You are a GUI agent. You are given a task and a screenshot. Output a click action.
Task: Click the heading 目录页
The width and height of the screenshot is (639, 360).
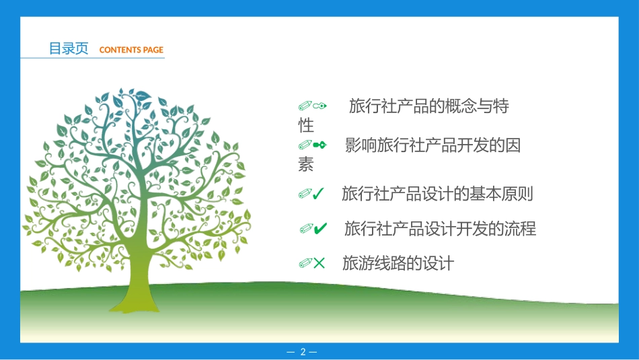[69, 48]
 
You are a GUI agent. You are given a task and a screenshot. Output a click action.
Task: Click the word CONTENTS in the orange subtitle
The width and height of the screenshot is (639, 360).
[120, 50]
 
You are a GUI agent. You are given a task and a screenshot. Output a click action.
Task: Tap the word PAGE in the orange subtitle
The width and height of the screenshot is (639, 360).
[153, 50]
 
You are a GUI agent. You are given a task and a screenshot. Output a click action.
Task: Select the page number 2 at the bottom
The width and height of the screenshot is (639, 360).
[303, 352]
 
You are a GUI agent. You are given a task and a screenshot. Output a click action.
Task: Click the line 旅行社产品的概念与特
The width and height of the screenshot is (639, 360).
[428, 106]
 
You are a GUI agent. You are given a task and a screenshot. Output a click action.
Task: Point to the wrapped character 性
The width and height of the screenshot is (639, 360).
[306, 125]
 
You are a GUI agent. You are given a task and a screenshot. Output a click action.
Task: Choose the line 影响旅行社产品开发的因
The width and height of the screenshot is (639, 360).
[433, 145]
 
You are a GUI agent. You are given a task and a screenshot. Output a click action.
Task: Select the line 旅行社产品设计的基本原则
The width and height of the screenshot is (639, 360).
[437, 194]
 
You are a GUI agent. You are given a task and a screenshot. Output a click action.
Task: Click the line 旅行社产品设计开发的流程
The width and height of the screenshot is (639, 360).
[440, 229]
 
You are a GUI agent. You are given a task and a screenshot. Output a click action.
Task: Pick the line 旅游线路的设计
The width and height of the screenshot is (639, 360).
[398, 263]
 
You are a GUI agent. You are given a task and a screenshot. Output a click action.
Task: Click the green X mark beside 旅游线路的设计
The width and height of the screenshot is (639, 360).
[319, 263]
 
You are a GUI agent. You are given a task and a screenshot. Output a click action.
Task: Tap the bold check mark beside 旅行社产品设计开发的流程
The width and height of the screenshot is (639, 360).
[320, 229]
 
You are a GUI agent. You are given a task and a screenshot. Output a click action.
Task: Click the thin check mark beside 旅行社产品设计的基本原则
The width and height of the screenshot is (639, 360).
[319, 194]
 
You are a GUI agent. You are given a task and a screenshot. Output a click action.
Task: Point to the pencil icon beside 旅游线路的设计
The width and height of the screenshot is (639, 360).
[305, 263]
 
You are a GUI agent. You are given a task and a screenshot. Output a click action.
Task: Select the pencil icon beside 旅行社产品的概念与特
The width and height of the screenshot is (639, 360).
[305, 106]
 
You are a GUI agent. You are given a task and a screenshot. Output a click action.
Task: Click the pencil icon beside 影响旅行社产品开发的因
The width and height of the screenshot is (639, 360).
[305, 145]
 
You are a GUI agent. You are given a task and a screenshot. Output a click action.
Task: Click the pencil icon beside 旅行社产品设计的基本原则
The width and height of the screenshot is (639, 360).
[305, 194]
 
